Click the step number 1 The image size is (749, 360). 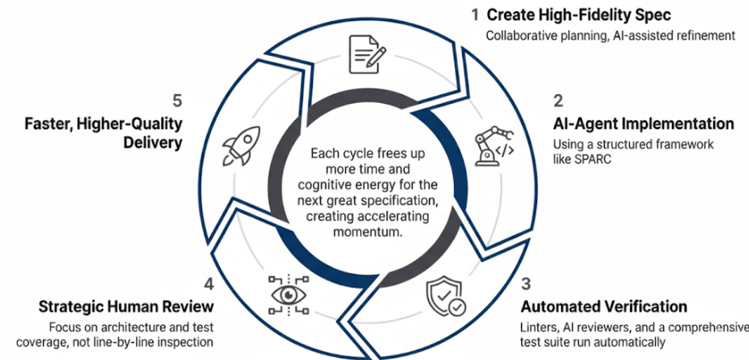[x=475, y=15]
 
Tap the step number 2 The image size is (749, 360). [x=559, y=101]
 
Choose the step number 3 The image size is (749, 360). [x=526, y=284]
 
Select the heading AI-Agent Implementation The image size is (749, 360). [x=644, y=124]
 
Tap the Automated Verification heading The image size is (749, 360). [x=604, y=307]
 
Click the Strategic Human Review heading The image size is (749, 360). [x=126, y=307]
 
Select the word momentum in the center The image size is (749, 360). [x=366, y=232]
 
